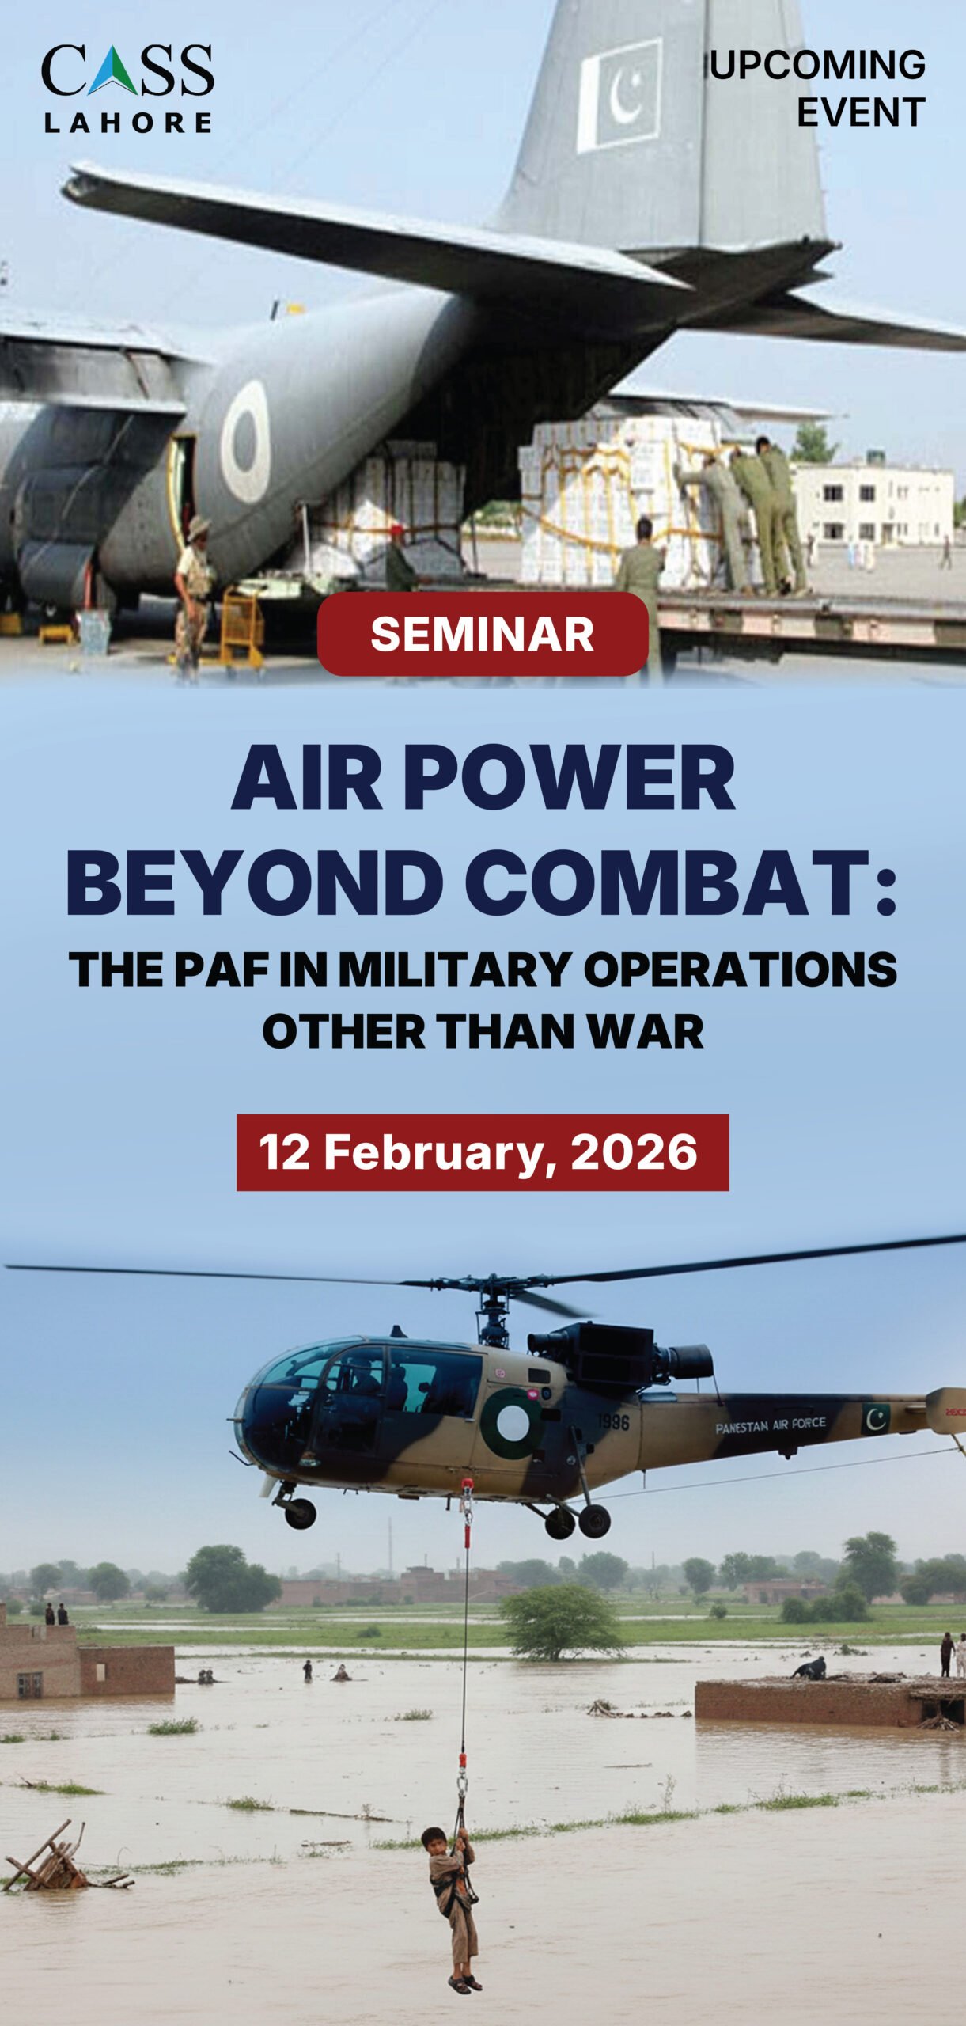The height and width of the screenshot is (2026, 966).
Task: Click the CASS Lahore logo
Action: pos(127,88)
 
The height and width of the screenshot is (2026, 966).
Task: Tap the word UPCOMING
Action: pos(818,65)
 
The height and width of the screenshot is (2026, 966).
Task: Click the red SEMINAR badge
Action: pos(483,634)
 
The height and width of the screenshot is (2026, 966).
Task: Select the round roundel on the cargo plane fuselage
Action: pos(245,441)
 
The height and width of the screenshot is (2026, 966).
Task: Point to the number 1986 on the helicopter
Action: pos(613,1422)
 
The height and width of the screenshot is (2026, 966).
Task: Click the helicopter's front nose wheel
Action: pos(300,1512)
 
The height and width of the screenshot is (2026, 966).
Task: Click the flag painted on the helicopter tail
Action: pos(876,1419)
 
